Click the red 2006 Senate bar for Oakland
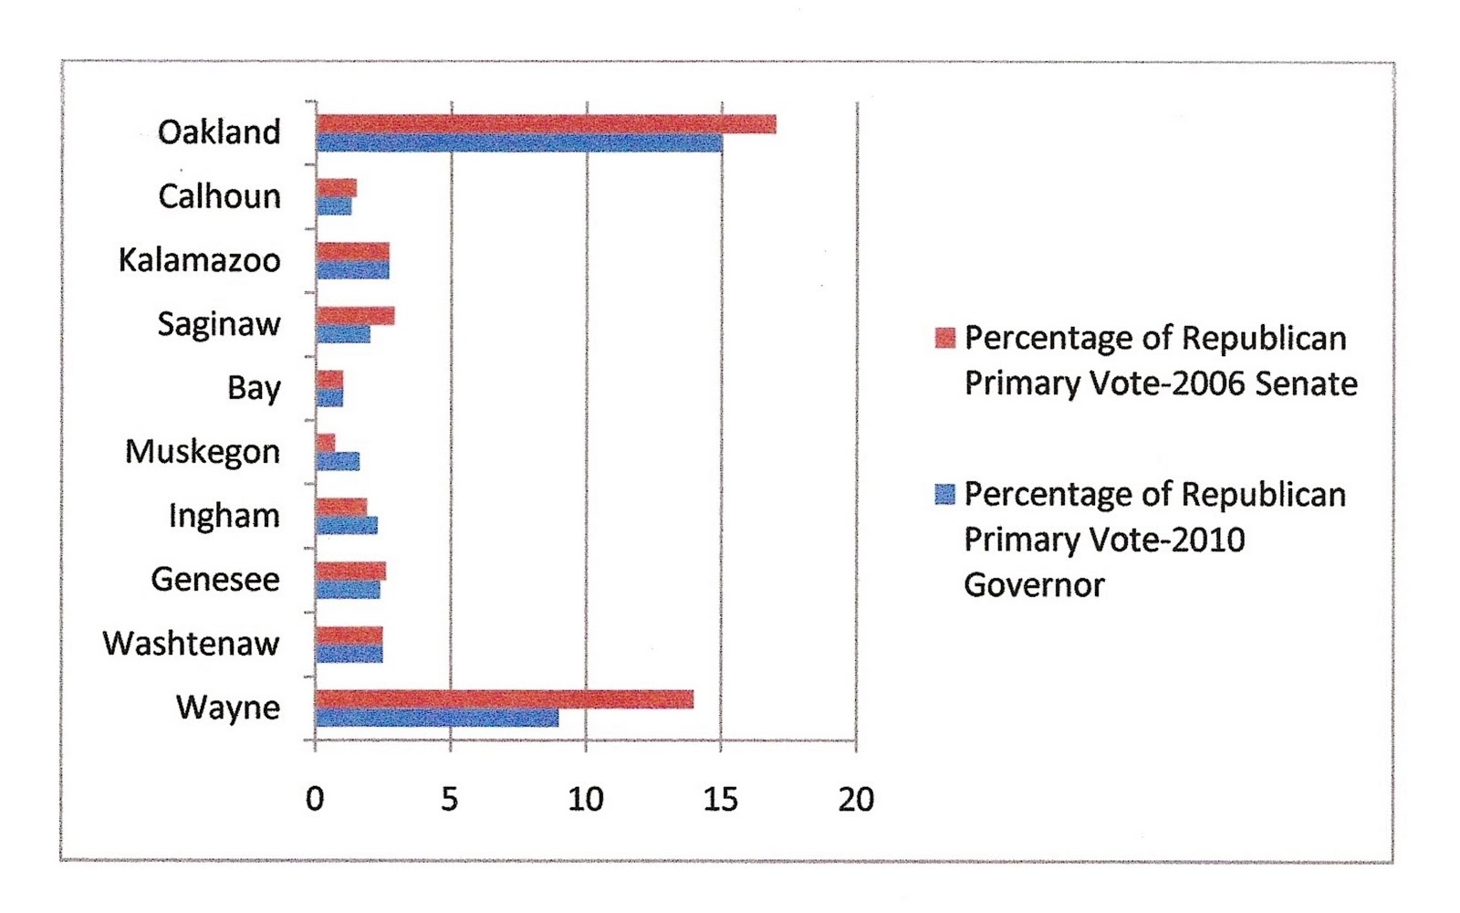point(546,124)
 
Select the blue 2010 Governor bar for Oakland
point(518,143)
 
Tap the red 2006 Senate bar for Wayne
point(504,699)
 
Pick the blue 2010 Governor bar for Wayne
point(436,719)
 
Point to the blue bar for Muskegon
point(338,462)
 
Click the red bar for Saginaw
point(355,316)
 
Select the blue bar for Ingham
point(346,526)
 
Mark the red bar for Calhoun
point(336,188)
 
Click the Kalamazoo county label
point(199,261)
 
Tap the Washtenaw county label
point(191,645)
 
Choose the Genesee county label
point(215,581)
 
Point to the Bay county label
point(254,389)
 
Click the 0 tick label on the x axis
point(315,800)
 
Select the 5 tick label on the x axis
point(450,800)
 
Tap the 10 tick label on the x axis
point(585,800)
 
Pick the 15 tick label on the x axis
point(720,800)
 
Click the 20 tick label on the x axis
point(856,800)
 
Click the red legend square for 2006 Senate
point(945,338)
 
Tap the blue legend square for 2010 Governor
point(945,494)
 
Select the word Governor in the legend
point(1034,585)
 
